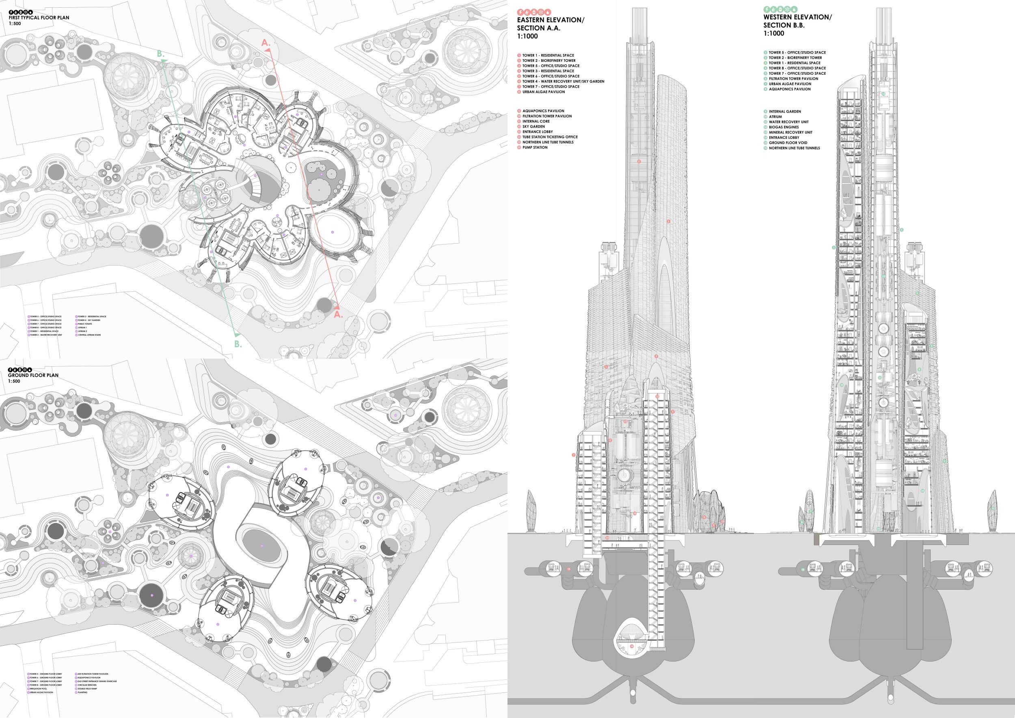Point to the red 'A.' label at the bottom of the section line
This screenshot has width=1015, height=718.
pyautogui.click(x=338, y=314)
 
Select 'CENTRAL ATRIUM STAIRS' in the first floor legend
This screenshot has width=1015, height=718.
pyautogui.click(x=91, y=335)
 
